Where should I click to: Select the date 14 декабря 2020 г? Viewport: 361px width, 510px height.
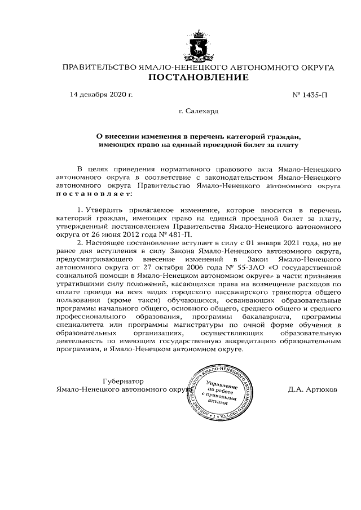[101, 94]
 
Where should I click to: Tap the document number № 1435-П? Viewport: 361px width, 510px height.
[310, 94]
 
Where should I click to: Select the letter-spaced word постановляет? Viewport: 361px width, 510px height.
[93, 194]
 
